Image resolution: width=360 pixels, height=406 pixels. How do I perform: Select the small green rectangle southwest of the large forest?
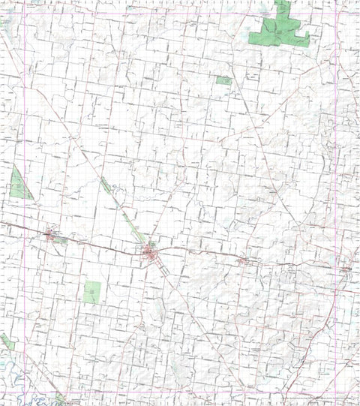pos(223,80)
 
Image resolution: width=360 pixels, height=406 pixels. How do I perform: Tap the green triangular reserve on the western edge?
pos(19,184)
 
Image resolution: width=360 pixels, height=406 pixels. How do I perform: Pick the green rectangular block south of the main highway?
pos(91,291)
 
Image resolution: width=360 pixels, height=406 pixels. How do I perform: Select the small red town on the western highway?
pos(50,236)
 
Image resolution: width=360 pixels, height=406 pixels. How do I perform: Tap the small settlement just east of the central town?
pos(244,261)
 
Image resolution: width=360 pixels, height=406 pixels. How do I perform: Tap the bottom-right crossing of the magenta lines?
pos(352,393)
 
